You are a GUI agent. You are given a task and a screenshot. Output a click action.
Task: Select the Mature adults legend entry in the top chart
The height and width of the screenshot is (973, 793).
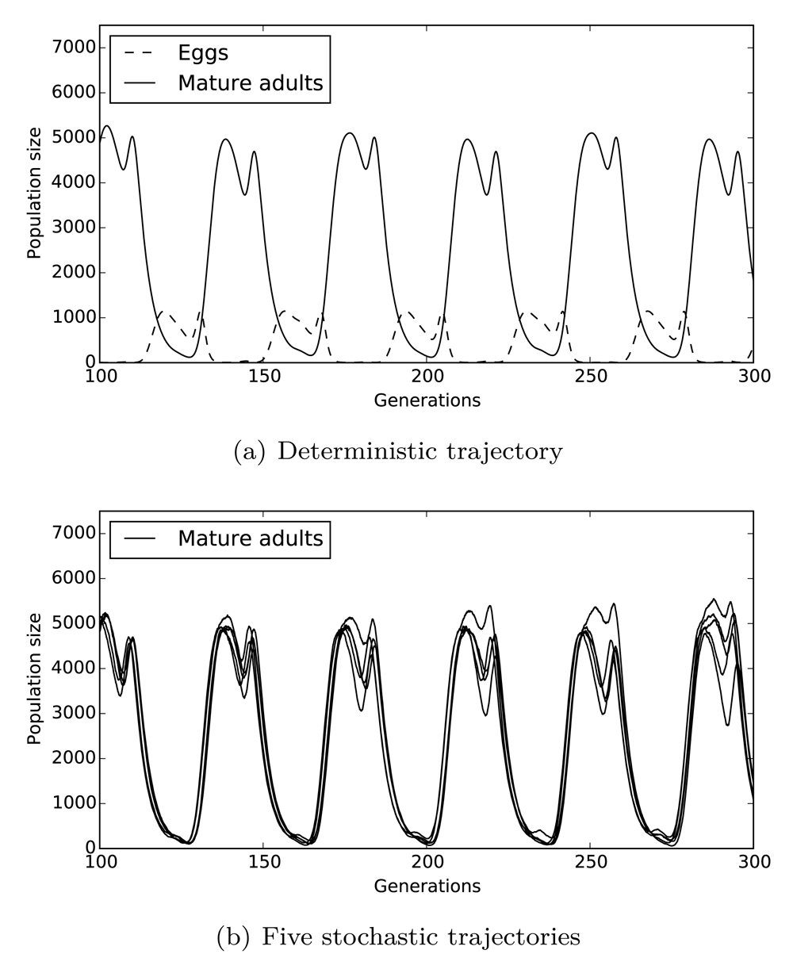[250, 82]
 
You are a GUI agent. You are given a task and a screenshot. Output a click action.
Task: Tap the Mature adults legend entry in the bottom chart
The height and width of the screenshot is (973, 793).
[250, 538]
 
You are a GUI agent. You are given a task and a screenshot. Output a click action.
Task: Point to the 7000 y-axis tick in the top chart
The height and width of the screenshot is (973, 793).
[72, 48]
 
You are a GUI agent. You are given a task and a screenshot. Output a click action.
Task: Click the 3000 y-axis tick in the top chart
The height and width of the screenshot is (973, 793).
[72, 228]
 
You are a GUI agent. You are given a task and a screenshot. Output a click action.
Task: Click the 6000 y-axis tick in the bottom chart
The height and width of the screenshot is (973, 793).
[72, 578]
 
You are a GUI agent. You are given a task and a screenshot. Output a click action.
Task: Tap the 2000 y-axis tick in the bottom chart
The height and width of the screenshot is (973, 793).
[72, 758]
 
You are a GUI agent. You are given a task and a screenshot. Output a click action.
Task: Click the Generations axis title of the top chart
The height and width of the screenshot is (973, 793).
[427, 400]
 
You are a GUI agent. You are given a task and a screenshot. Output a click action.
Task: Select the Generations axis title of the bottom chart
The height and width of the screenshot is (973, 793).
[427, 886]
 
